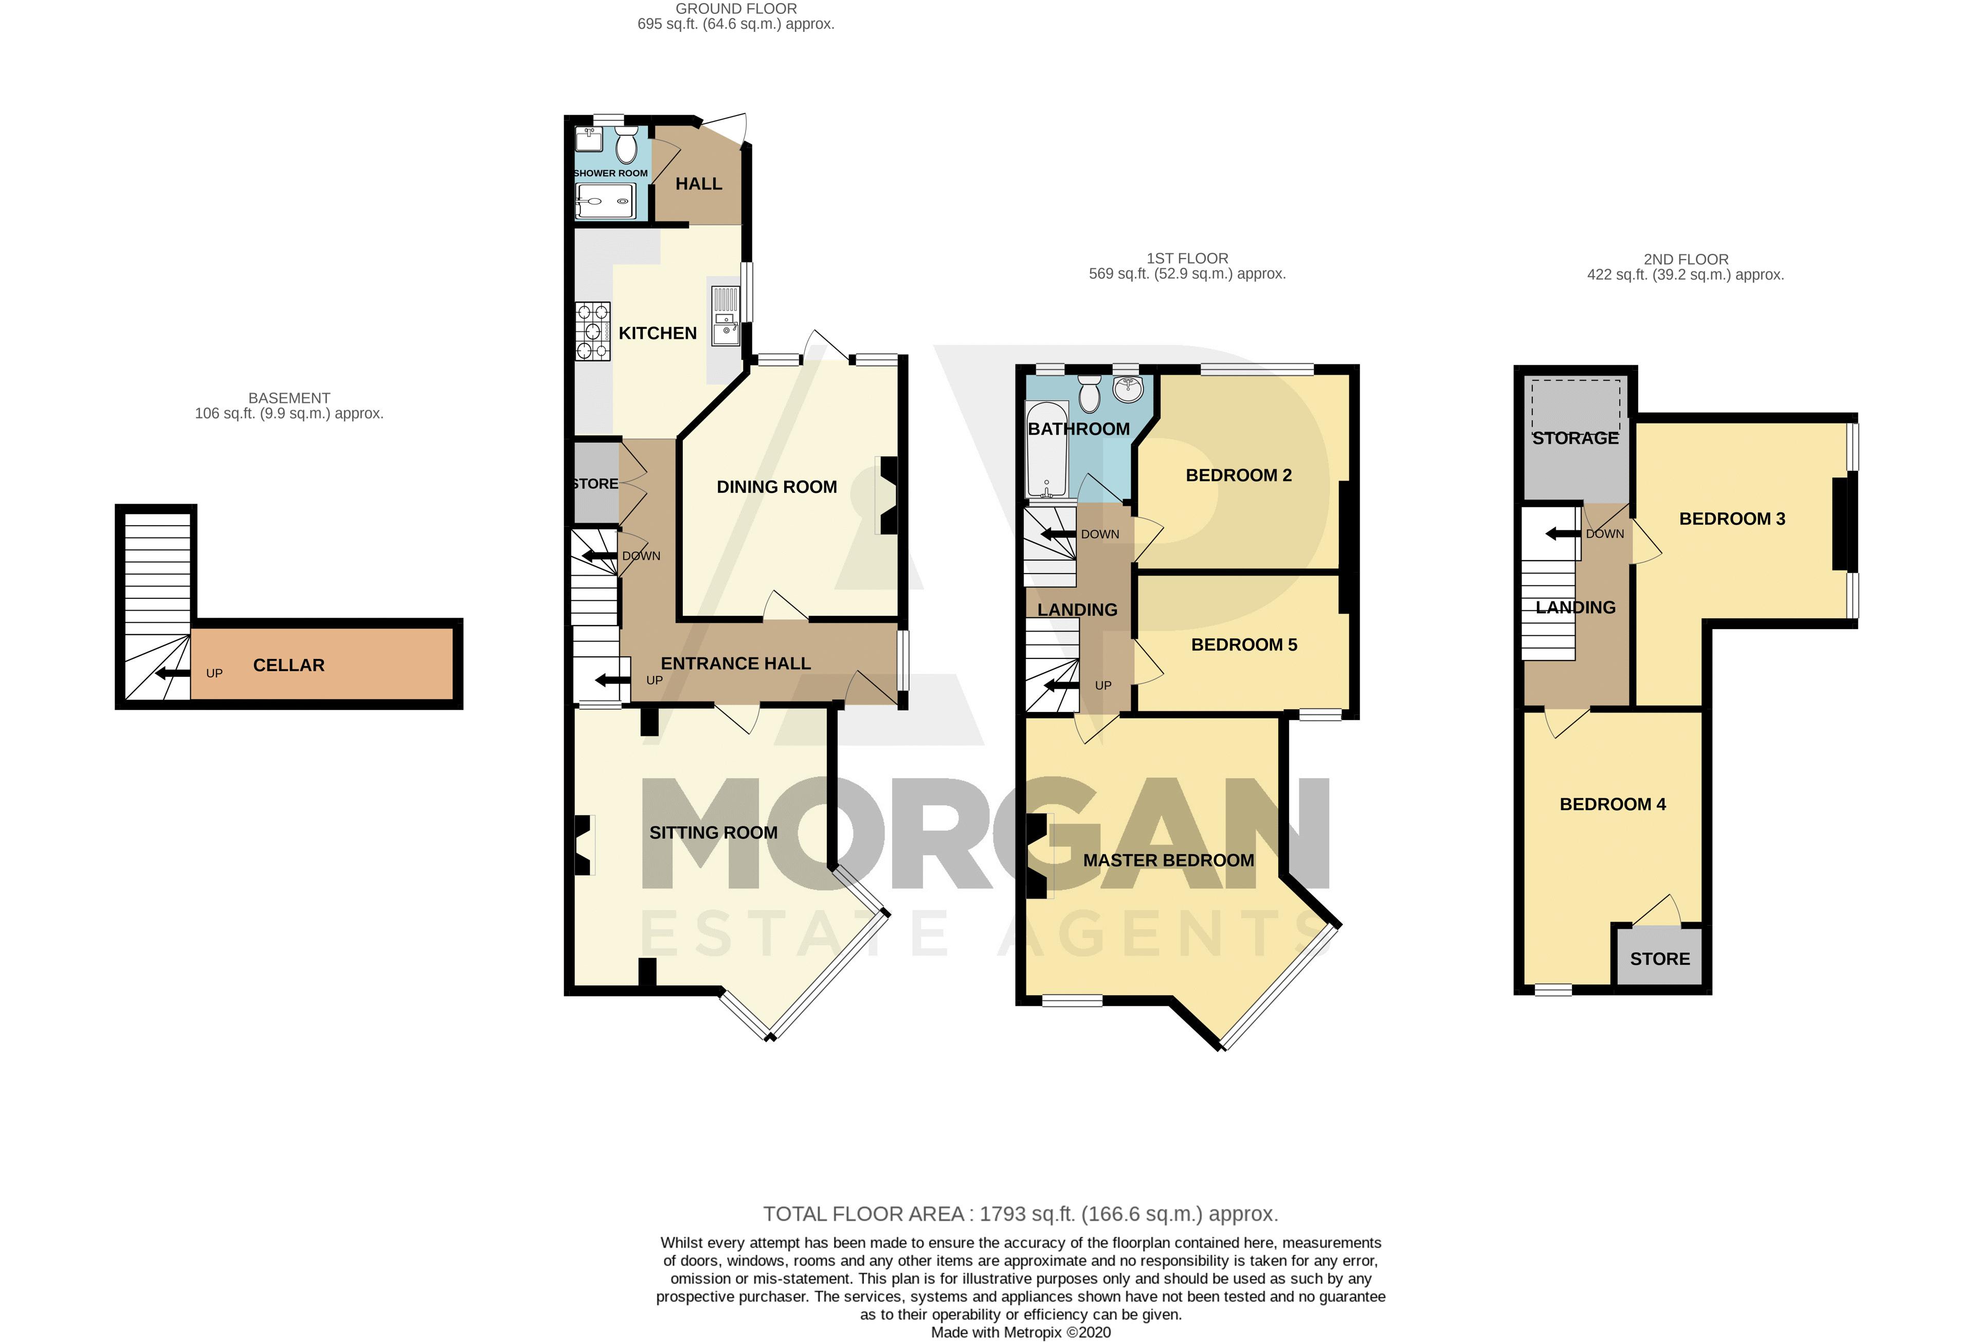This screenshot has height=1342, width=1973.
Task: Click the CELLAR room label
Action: point(288,666)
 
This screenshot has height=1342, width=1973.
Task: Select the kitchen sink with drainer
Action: point(725,316)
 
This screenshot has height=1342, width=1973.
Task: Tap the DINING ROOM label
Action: point(776,487)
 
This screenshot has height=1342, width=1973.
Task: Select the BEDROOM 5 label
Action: point(1244,645)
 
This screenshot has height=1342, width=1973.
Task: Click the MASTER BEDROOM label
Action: point(1168,861)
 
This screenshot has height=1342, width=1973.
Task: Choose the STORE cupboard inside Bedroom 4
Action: point(1659,959)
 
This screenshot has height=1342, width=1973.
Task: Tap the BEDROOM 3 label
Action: point(1732,519)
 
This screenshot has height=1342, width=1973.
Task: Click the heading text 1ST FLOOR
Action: point(1187,258)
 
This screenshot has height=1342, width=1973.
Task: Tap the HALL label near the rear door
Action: point(699,184)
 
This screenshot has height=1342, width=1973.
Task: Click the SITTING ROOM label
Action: point(713,833)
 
